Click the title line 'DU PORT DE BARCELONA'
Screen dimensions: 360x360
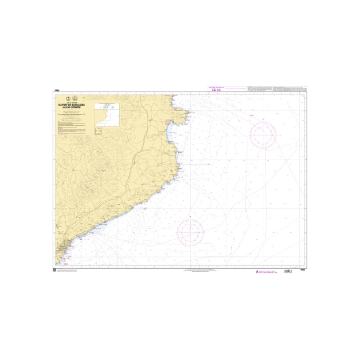tap(71, 104)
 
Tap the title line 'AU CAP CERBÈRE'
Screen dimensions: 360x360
tap(71, 107)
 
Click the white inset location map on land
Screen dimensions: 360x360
tap(108, 115)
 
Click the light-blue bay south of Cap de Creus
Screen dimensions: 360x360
tap(169, 132)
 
